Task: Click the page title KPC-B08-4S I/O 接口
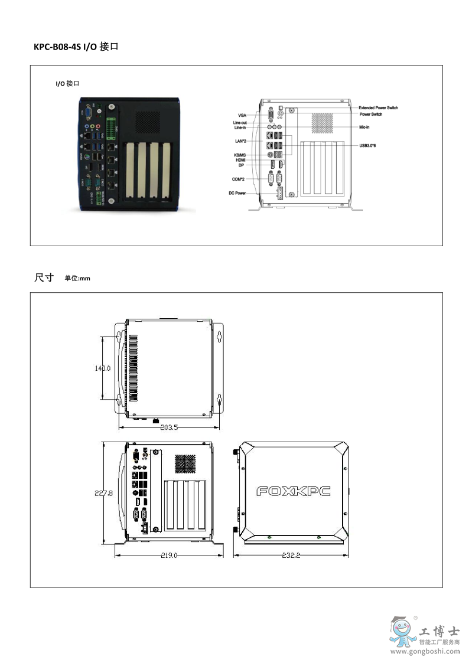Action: (x=76, y=45)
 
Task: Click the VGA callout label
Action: (x=242, y=115)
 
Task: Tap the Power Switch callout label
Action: (x=370, y=115)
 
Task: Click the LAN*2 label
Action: (x=240, y=142)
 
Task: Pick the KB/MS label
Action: (x=239, y=155)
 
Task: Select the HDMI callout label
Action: (x=240, y=160)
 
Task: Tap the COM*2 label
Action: (x=239, y=178)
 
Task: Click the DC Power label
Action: (x=237, y=193)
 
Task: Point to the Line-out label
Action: (x=239, y=122)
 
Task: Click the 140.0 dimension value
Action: (x=103, y=368)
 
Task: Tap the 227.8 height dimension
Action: (x=103, y=492)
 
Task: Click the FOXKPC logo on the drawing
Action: (x=293, y=491)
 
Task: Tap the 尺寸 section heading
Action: (x=44, y=277)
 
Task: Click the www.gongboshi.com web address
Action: (x=426, y=652)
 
